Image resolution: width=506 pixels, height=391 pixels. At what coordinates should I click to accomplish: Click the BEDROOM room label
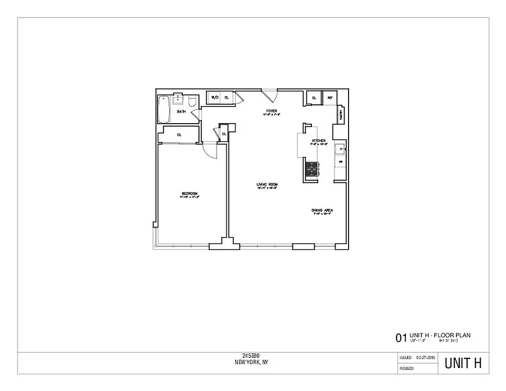tap(190, 194)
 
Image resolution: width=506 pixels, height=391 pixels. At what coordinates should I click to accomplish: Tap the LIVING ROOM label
tap(267, 184)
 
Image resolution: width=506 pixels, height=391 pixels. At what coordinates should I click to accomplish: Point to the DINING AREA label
tap(322, 211)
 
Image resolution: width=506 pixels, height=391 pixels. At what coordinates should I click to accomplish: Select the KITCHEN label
tap(319, 141)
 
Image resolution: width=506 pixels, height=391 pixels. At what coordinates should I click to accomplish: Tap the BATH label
tap(181, 112)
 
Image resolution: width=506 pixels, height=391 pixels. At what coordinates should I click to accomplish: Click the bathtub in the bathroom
tap(163, 109)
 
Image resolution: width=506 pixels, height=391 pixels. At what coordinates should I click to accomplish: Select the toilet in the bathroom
tap(192, 102)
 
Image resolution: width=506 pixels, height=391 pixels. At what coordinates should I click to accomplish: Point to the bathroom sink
tap(178, 99)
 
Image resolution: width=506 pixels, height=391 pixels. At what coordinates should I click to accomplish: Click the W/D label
tap(214, 98)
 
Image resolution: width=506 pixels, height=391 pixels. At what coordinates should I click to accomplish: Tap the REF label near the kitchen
tap(330, 98)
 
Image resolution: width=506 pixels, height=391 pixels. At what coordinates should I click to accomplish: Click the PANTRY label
tap(340, 115)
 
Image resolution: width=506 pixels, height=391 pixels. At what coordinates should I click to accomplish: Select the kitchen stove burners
tap(311, 169)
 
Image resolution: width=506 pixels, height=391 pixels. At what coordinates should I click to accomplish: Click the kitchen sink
tap(339, 148)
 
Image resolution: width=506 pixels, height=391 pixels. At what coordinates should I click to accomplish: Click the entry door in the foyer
tap(269, 94)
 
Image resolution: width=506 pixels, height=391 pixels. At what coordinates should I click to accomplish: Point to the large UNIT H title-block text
tap(462, 364)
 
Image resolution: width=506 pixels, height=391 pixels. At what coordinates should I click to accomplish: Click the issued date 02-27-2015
tap(425, 358)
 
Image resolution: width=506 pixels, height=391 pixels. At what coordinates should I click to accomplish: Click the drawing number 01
tap(401, 337)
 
